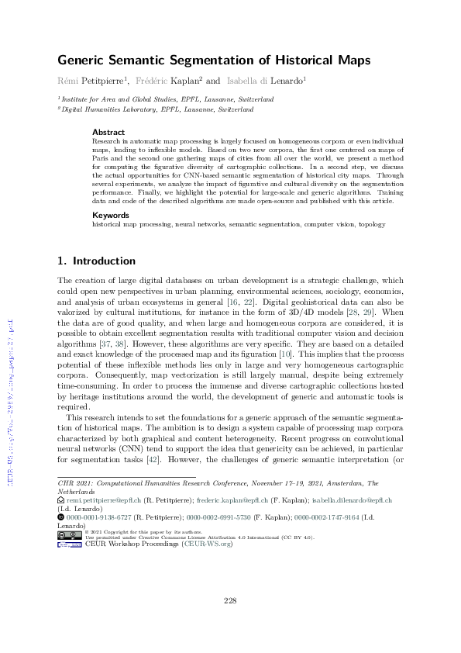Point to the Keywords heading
pos(110,214)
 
